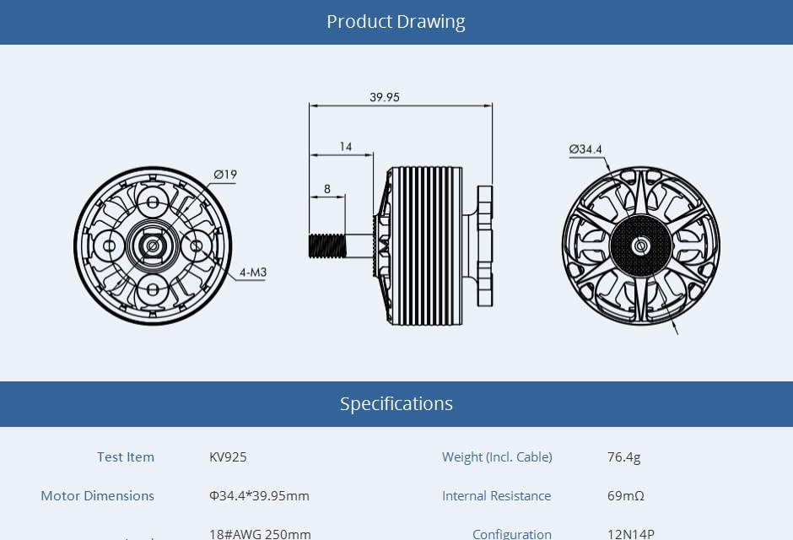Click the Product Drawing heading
click(396, 22)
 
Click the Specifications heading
click(396, 403)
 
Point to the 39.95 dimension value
click(384, 97)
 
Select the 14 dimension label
click(346, 147)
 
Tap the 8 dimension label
click(327, 189)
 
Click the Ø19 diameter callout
click(225, 175)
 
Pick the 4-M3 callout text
click(252, 273)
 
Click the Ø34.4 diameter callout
click(585, 149)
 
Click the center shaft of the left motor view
click(153, 246)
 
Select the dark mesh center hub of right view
click(640, 246)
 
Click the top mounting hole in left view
click(153, 202)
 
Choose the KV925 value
click(228, 457)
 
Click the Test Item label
click(126, 457)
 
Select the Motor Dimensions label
click(98, 496)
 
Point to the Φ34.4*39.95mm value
click(259, 496)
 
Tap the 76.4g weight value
click(624, 457)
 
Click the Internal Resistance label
click(496, 496)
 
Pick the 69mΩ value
click(626, 496)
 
